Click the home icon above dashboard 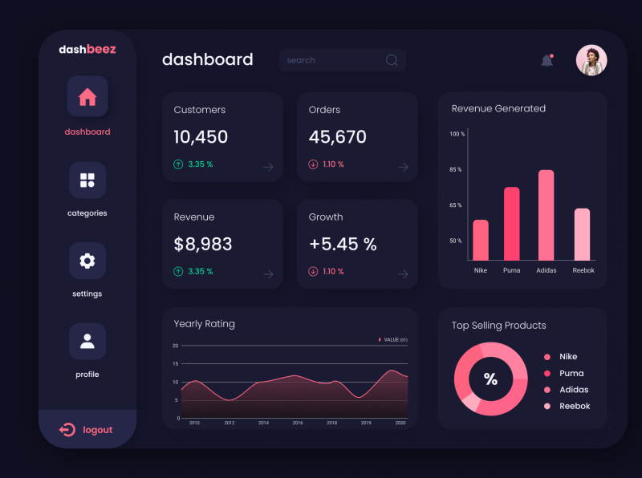pos(87,97)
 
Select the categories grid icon pos(87,180)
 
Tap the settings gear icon pos(87,261)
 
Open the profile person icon pos(87,342)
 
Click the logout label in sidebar pos(97,430)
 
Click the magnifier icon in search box pos(392,60)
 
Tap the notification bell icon pos(547,61)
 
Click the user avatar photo pos(591,60)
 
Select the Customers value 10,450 pos(201,137)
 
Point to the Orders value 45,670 pos(337,137)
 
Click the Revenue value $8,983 pos(203,245)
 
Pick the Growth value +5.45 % pos(343,245)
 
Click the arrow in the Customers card pos(268,167)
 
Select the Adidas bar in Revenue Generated pos(547,215)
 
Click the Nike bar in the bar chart pos(481,240)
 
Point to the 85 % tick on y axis pos(456,170)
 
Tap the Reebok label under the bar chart pos(583,270)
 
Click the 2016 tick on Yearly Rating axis pos(298,423)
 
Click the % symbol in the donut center pos(490,379)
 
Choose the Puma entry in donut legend pos(571,373)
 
